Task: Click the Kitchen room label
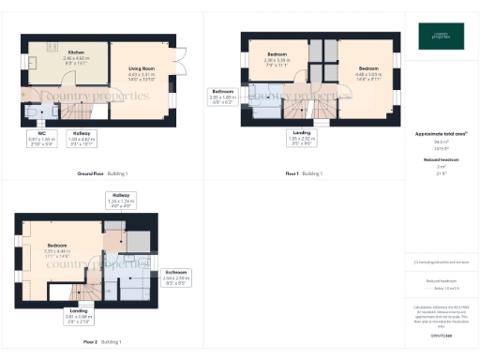pos(76,55)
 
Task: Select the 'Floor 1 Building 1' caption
pos(304,173)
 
